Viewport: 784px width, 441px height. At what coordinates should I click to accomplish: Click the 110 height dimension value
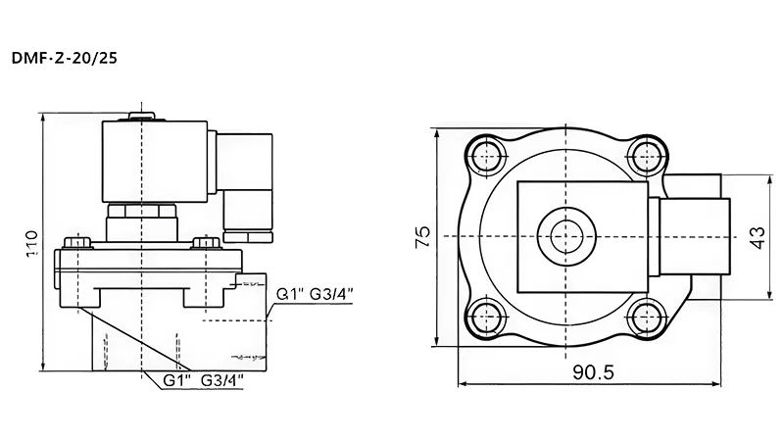click(x=31, y=241)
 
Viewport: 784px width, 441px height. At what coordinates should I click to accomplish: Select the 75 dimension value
click(x=423, y=236)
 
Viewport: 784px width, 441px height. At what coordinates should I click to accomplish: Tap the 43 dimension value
click(x=756, y=237)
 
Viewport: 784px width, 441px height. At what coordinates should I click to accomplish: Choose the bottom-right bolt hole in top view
click(x=645, y=316)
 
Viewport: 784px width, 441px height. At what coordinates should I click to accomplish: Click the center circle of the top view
click(x=564, y=235)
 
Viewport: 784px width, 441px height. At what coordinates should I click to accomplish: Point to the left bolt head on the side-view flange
click(x=77, y=240)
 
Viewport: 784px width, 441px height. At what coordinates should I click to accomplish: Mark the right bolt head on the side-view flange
click(x=205, y=241)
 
